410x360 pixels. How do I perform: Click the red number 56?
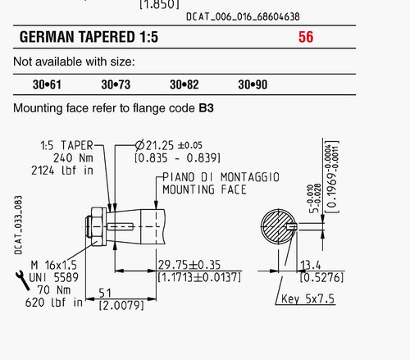306,37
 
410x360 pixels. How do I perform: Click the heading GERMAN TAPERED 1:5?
89,37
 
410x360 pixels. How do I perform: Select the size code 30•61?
47,84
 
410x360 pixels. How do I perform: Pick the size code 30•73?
116,84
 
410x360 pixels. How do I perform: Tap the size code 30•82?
184,84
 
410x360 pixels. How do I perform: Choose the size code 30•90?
253,84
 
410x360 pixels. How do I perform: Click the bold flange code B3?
206,108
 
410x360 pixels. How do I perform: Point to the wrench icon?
23,280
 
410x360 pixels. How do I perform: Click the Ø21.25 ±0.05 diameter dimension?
169,145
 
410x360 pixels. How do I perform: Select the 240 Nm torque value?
73,158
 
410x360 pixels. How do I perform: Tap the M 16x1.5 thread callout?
54,265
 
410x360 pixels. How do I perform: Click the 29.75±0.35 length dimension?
189,265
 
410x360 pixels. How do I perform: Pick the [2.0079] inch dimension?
121,305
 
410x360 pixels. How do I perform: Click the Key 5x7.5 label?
307,298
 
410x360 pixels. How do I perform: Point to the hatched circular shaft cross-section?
279,226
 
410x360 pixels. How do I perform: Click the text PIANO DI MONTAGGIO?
221,177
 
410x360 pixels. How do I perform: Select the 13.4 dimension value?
311,265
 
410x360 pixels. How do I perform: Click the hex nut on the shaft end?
98,226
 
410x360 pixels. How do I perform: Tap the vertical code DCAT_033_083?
18,225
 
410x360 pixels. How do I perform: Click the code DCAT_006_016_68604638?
243,17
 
